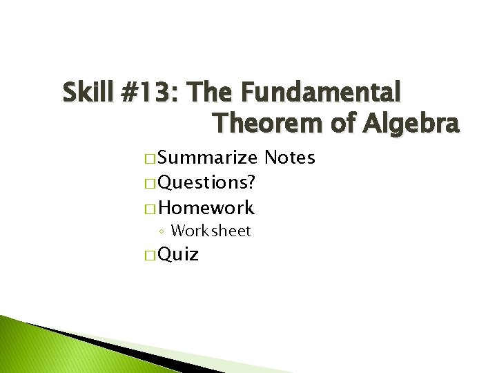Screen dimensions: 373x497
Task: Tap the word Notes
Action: [x=289, y=158]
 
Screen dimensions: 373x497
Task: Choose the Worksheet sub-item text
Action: [x=211, y=231]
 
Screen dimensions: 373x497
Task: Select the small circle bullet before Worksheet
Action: [x=160, y=231]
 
